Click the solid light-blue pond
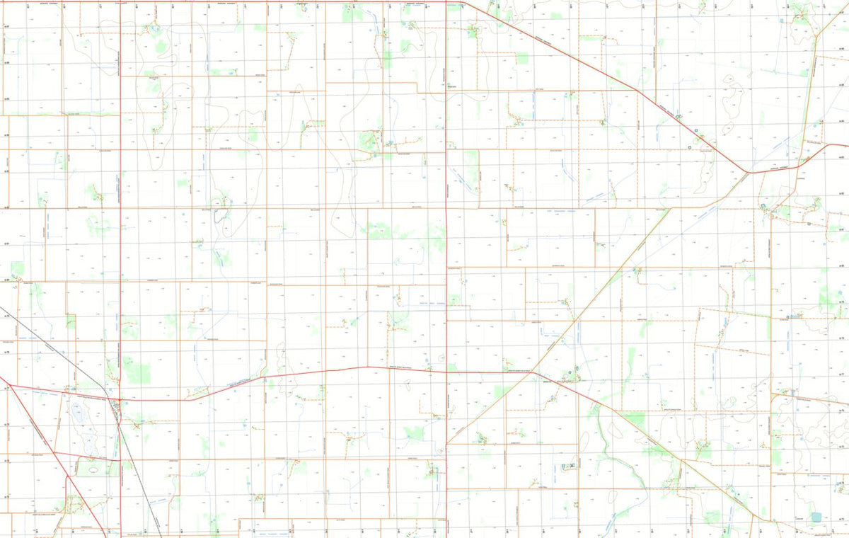pos(817,518)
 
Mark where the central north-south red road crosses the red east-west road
pos(446,371)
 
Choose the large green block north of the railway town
pos(137,370)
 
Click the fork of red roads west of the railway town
pos(9,385)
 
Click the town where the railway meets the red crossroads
pos(117,403)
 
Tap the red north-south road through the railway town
pos(121,212)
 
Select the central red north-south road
pos(446,212)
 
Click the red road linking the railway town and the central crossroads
pos(283,376)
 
